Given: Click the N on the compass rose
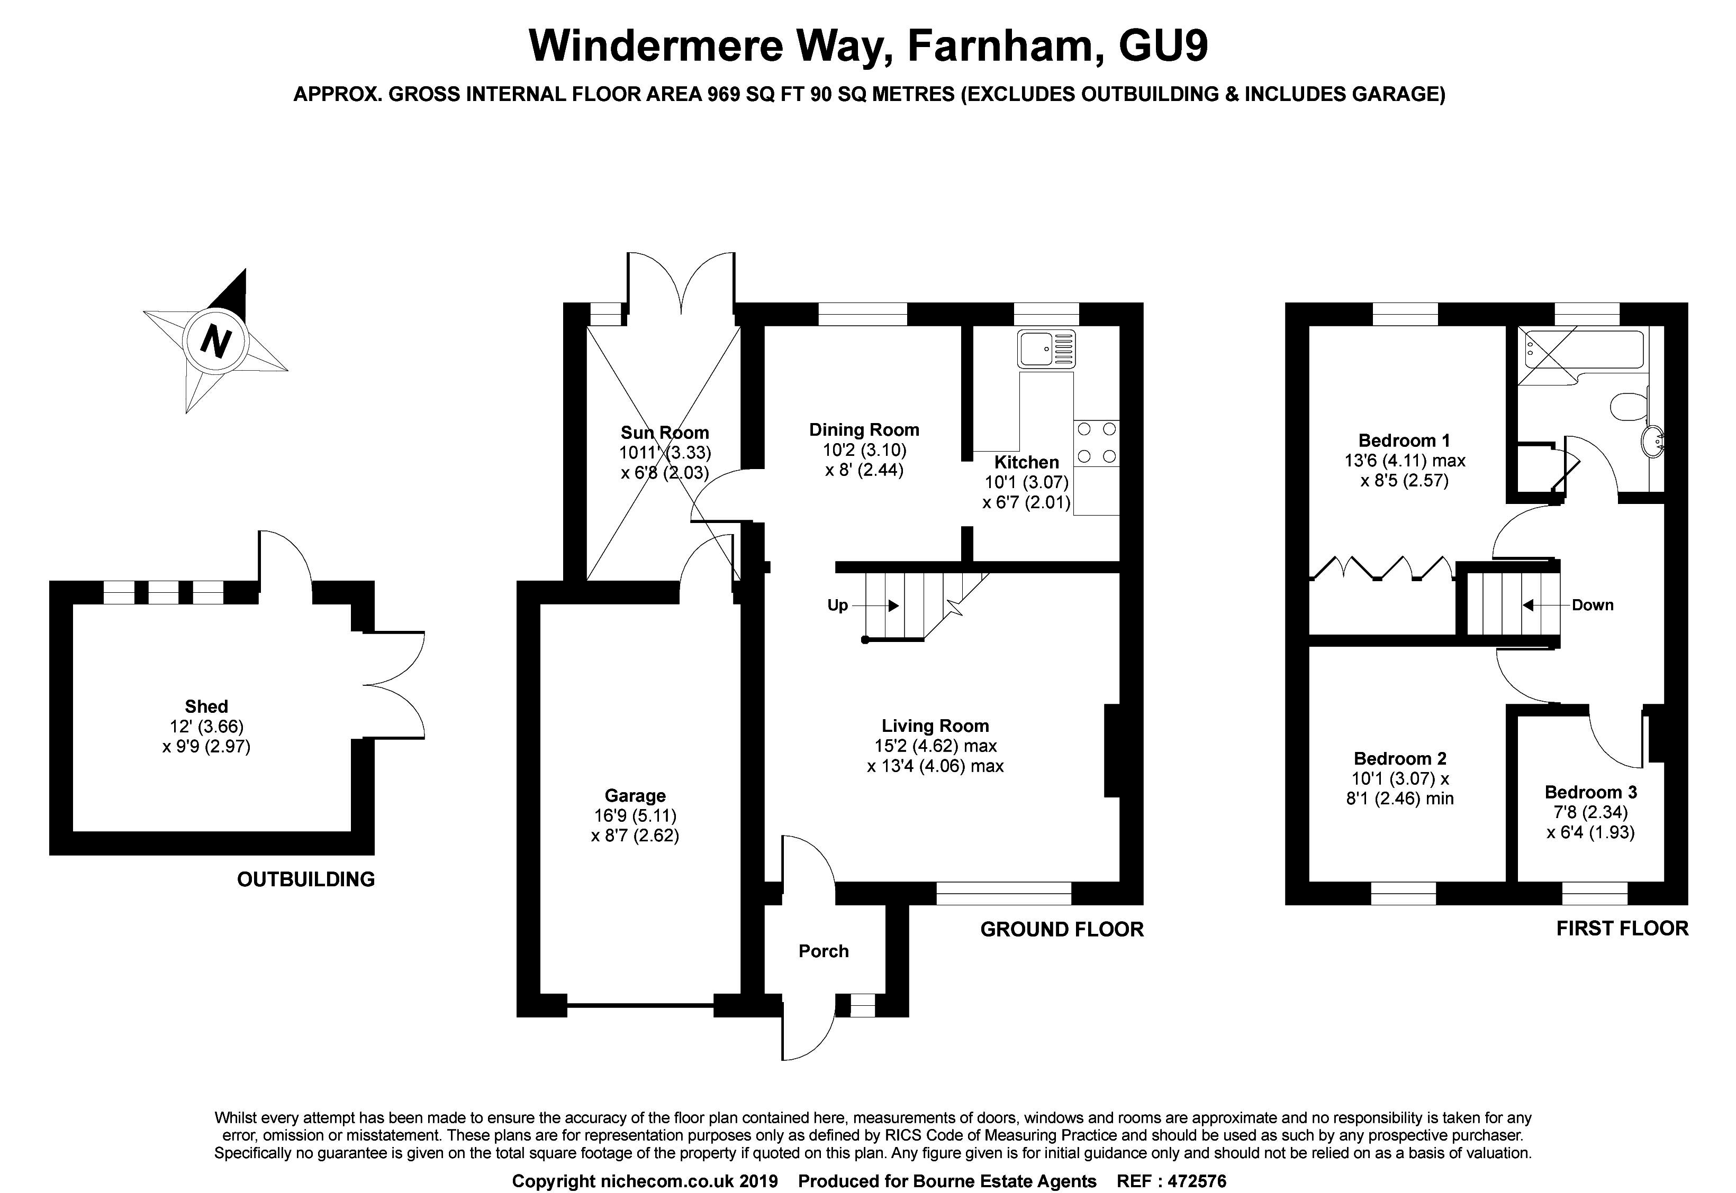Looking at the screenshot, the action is [x=215, y=342].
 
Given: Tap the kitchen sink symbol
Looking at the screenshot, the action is [x=1046, y=348].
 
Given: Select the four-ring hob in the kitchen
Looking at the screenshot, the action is [x=1096, y=443].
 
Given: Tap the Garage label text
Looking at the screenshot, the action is [x=635, y=795].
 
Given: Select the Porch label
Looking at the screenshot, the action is [x=824, y=951].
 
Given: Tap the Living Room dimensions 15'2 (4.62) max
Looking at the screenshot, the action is [x=935, y=745].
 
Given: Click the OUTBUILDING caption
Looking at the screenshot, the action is [x=306, y=879].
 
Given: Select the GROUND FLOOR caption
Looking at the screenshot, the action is [x=1061, y=929].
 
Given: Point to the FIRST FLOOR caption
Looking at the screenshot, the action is [x=1622, y=929].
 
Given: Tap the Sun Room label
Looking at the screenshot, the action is [x=664, y=432].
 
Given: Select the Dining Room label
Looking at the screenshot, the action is [x=864, y=430].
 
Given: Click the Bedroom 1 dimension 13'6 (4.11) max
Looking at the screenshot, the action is [x=1404, y=461].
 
